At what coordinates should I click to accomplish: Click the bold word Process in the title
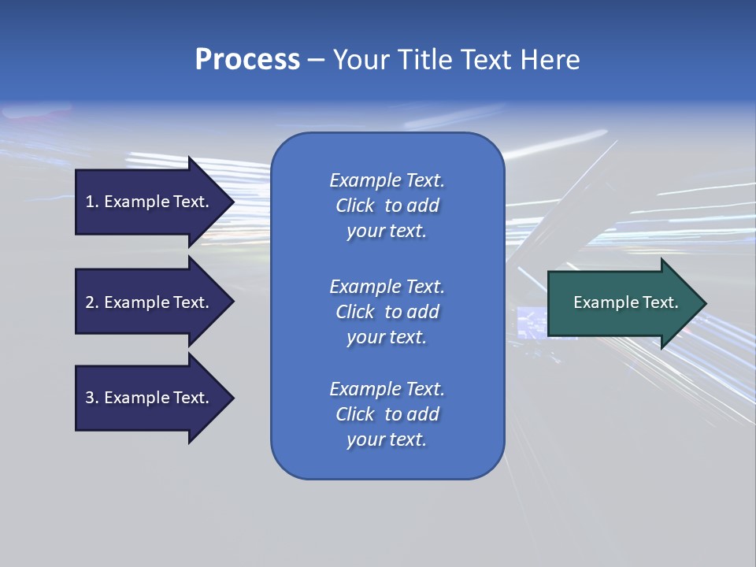tap(247, 60)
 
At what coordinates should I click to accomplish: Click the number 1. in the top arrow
tap(92, 202)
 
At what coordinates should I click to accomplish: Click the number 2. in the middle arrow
tap(92, 302)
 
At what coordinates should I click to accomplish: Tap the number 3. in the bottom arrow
tap(92, 398)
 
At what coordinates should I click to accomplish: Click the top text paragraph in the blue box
tap(387, 206)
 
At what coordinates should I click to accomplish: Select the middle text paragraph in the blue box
tap(387, 312)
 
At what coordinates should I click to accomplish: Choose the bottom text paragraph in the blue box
tap(387, 414)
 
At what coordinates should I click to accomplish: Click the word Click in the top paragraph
tap(355, 206)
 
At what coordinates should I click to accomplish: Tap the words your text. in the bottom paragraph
tap(387, 439)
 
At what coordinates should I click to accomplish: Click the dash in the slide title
tap(317, 60)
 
